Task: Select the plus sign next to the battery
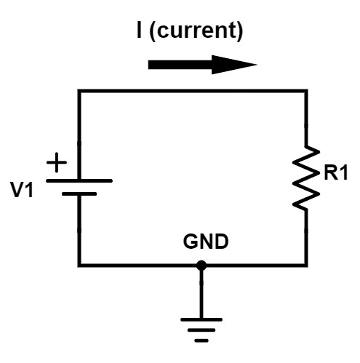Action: [x=55, y=163]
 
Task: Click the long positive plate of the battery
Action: [x=79, y=180]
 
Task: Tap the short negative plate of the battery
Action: [x=79, y=194]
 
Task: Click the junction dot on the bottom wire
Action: [x=201, y=266]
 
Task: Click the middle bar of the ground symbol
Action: [x=201, y=330]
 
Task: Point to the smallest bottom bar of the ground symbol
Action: [x=201, y=339]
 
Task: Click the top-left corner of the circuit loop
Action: [x=79, y=91]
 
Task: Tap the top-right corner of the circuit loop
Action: [x=306, y=91]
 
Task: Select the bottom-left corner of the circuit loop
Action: [x=79, y=265]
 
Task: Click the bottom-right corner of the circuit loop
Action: [x=306, y=265]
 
